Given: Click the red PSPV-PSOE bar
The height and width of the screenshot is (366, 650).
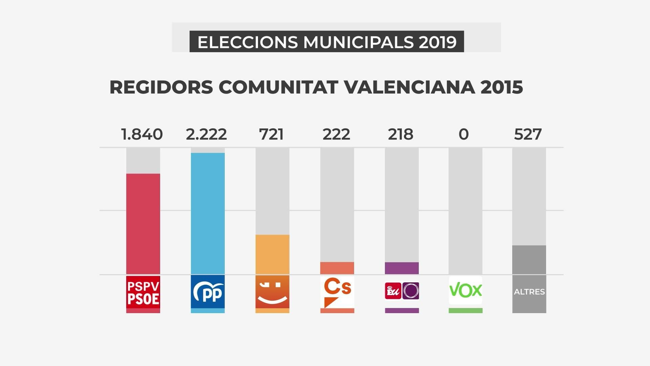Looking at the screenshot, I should pos(143,224).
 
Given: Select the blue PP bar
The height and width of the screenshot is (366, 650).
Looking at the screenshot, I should pos(208,213).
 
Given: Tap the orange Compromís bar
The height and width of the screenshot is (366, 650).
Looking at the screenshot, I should pos(272,255).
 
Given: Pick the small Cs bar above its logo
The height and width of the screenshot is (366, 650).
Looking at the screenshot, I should pos(337,268).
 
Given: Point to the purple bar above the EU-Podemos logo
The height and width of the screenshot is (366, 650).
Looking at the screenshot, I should pos(401,268).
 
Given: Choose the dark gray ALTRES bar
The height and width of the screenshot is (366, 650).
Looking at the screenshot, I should pos(529,259).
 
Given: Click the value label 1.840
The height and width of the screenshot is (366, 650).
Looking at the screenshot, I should pos(142,134).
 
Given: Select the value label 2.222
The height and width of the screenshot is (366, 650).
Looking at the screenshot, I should pos(206,134).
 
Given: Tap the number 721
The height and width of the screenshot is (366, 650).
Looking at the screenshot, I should pos(271,134).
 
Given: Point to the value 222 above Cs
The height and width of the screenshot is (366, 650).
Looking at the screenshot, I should pos(336,134).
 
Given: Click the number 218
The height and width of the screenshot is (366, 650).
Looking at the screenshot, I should pos(401,134).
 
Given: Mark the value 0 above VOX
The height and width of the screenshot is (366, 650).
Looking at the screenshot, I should pos(464,134).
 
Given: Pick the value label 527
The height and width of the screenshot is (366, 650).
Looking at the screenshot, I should pos(528,134).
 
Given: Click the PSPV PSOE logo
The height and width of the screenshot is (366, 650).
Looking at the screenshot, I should pos(143,292).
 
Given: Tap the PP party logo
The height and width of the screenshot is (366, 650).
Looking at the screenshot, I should pos(208,292).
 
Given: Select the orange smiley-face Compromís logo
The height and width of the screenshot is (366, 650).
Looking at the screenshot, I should pos(272,292).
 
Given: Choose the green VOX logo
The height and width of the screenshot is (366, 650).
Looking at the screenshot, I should pos(466,290).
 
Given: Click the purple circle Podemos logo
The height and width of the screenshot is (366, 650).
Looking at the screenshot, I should pos(410,291).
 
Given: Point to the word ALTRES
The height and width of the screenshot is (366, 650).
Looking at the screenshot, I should pos(529,292).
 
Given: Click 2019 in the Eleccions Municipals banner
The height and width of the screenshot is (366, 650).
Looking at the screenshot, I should pos(438,42).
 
